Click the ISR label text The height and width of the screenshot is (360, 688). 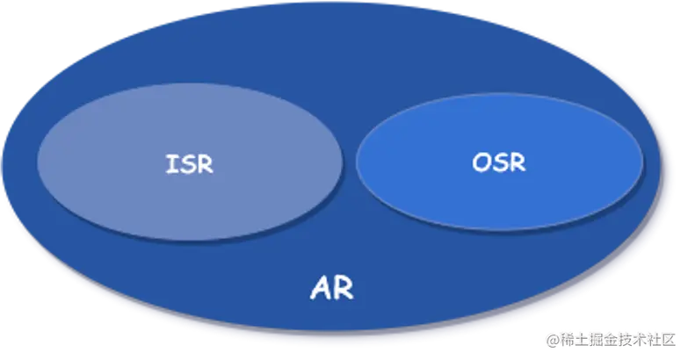(189, 164)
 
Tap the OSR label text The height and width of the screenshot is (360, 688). (499, 162)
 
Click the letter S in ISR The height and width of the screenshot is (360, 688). (187, 164)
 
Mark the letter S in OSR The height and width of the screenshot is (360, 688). (500, 162)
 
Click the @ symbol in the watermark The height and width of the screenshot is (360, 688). (552, 338)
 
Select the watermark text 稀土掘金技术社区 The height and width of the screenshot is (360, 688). (620, 338)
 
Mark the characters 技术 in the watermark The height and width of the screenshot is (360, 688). (635, 338)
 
